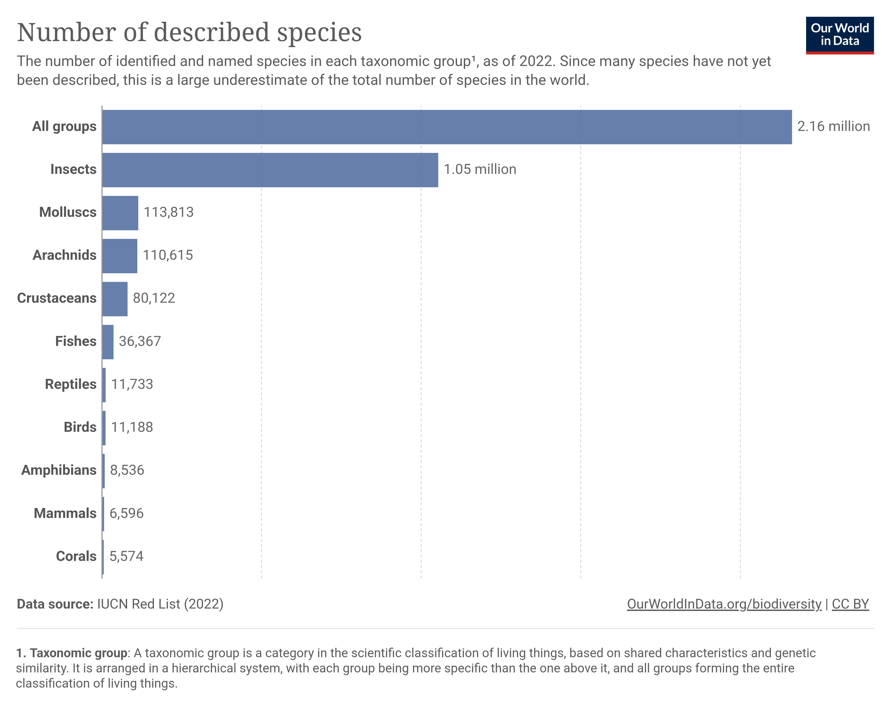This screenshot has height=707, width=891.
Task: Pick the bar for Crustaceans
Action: click(x=115, y=299)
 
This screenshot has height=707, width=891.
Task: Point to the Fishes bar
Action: click(x=107, y=342)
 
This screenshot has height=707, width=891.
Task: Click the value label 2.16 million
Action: click(x=833, y=126)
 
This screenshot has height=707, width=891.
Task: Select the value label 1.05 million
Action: click(x=480, y=169)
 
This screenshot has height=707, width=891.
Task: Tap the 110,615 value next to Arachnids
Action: click(x=168, y=255)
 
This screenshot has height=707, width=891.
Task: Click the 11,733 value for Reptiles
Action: click(x=132, y=384)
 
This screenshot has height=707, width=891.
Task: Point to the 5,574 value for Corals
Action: click(x=126, y=556)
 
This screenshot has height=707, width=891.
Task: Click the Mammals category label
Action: click(x=65, y=513)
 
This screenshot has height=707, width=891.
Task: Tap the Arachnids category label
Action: click(x=64, y=255)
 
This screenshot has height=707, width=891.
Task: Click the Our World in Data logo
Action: click(x=839, y=35)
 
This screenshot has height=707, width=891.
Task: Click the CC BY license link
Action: click(x=850, y=604)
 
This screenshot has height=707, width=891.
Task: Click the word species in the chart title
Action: click(x=319, y=33)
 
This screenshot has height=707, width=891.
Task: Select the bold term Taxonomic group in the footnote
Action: click(x=79, y=653)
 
